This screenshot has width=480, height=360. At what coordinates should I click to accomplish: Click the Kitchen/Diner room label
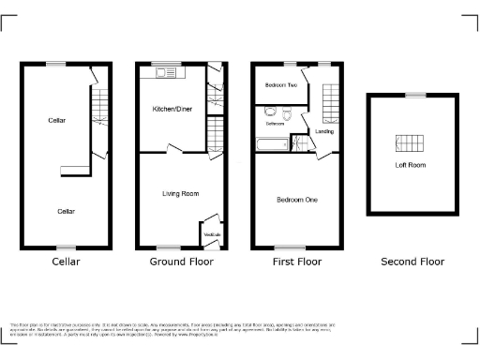tap(173, 109)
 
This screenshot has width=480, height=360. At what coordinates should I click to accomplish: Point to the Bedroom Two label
tap(281, 85)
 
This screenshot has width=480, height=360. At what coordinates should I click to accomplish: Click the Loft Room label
tap(410, 166)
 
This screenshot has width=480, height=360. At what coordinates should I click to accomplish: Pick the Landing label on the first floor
tap(324, 131)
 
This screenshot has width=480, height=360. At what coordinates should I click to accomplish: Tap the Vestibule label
tap(212, 233)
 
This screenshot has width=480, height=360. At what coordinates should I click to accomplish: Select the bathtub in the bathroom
tap(273, 144)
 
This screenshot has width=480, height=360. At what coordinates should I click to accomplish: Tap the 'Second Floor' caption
tap(412, 262)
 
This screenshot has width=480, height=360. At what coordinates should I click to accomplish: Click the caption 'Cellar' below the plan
tap(66, 262)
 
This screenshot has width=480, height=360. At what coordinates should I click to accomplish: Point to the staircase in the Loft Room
tap(411, 144)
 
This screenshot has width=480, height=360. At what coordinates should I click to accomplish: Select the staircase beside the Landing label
tap(329, 102)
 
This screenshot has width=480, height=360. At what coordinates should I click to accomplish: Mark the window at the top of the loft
tap(413, 95)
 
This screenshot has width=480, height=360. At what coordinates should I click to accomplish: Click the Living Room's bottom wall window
tap(169, 247)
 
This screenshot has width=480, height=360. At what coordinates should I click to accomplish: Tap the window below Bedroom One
tap(285, 247)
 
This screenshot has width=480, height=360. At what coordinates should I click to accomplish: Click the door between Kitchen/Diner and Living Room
tap(171, 150)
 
